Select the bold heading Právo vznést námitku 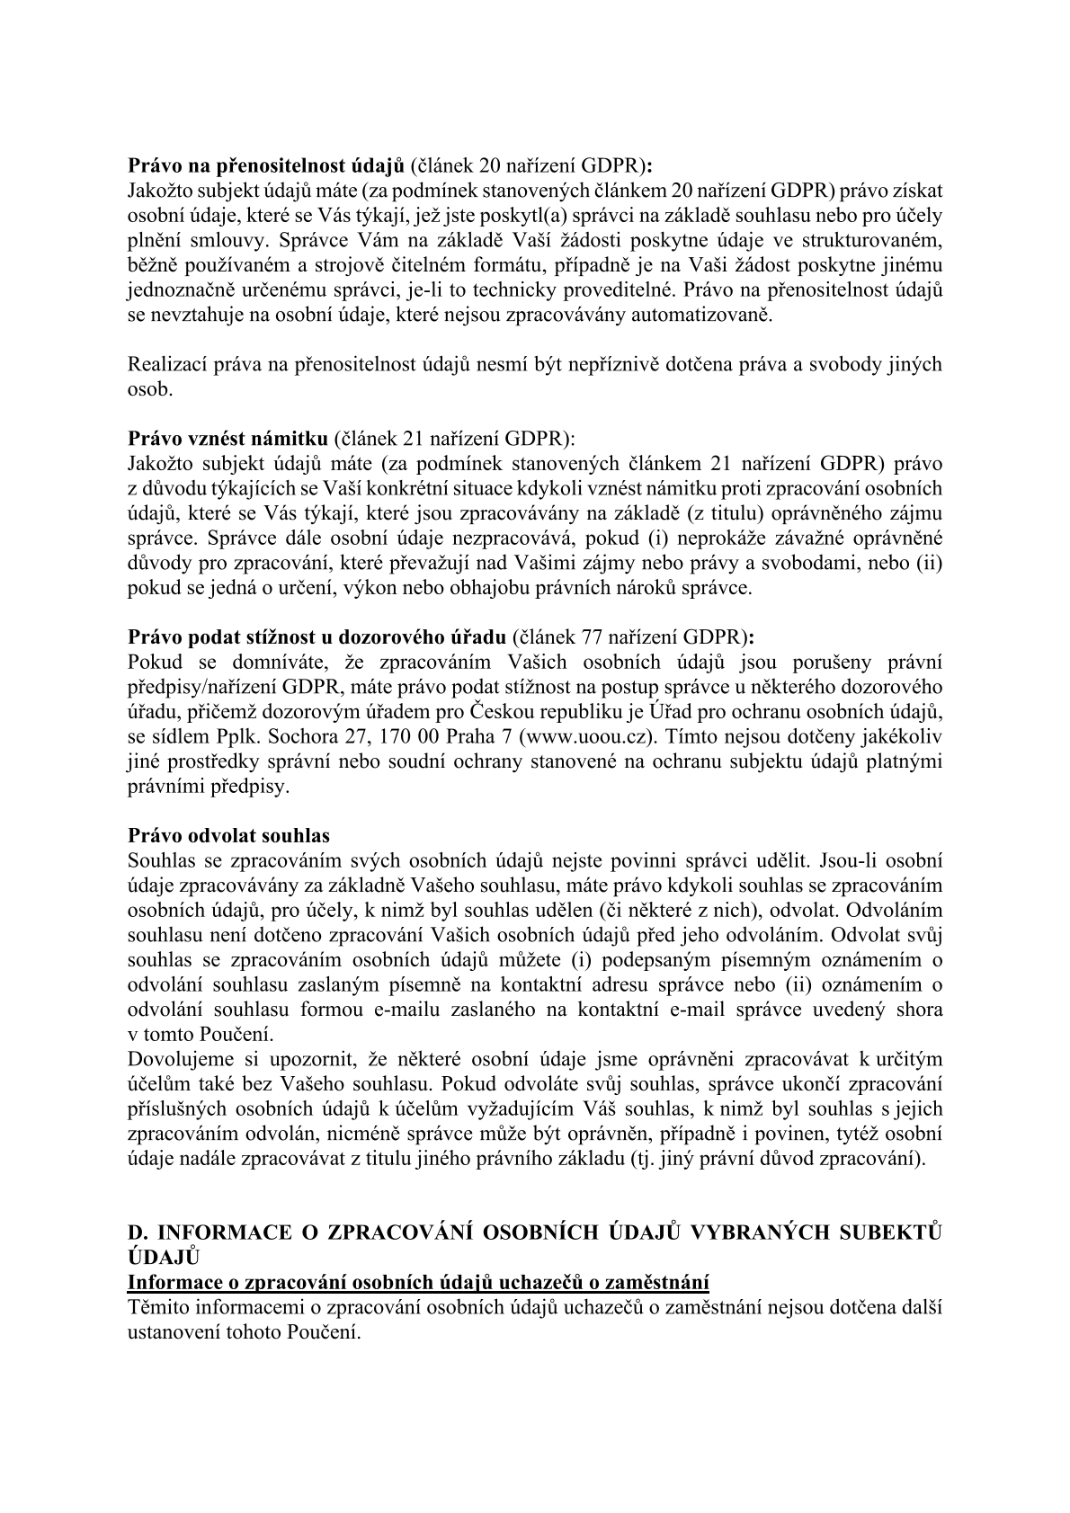point(227,440)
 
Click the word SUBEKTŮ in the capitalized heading point(890,1232)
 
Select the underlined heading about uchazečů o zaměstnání point(419,1281)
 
